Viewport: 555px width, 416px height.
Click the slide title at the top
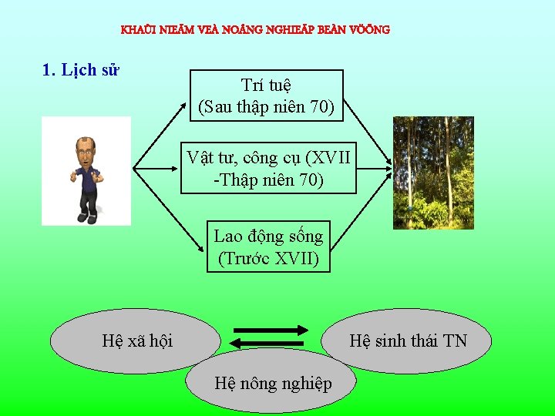click(x=255, y=30)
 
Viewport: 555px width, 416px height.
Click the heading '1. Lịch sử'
click(x=80, y=70)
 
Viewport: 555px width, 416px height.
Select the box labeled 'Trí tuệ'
click(x=266, y=96)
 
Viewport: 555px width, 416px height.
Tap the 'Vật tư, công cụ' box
click(x=269, y=169)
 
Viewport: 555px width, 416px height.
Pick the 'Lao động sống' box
click(x=268, y=247)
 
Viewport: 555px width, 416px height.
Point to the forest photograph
click(x=422, y=173)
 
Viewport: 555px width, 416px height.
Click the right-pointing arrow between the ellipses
click(x=270, y=330)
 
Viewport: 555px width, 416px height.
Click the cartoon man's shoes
click(x=86, y=218)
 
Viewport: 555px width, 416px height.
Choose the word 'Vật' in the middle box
click(x=201, y=158)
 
